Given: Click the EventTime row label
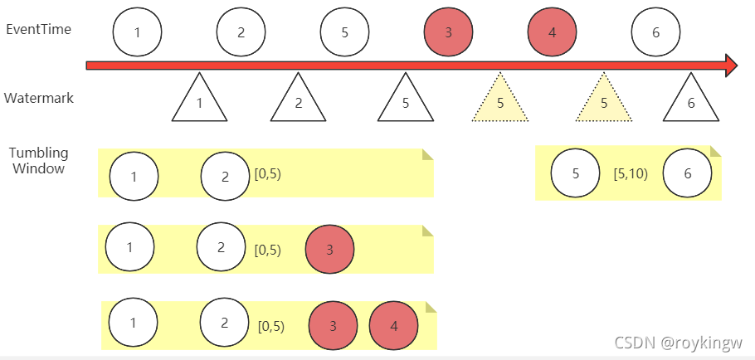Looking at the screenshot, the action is click(38, 29).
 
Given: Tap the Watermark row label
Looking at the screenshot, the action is click(38, 98).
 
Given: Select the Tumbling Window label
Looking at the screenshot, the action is click(38, 161).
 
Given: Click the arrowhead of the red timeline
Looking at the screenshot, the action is click(731, 66).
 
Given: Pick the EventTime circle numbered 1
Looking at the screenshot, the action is click(137, 32).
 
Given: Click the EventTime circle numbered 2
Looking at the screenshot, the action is click(241, 32).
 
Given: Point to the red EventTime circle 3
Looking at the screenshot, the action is click(448, 32).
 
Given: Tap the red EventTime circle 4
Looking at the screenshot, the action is click(552, 32).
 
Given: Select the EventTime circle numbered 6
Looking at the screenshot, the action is click(655, 32).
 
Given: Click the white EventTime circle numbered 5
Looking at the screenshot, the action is click(344, 32).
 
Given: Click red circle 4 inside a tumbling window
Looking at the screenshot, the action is click(393, 325).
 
